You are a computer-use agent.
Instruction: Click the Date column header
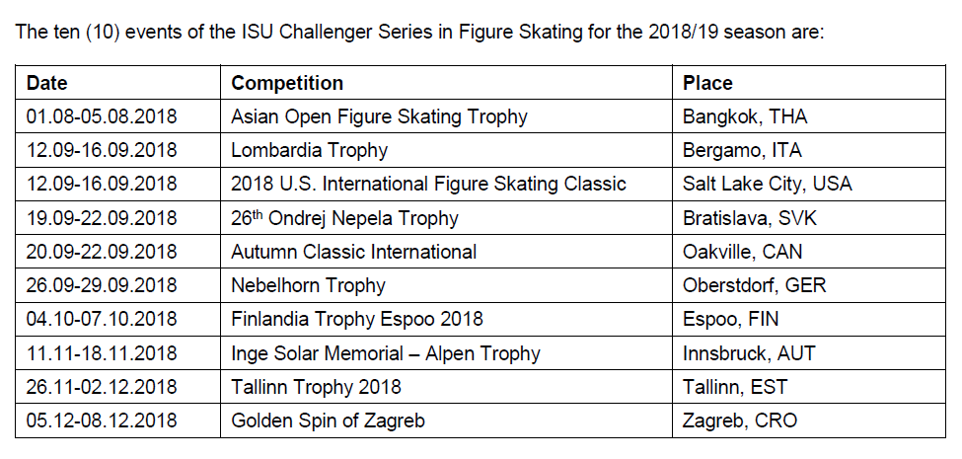coord(47,83)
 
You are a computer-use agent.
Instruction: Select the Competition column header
coord(287,83)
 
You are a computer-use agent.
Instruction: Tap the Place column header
coord(707,83)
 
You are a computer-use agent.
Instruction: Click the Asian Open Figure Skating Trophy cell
coord(379,116)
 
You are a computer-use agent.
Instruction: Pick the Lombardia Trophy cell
coord(309,150)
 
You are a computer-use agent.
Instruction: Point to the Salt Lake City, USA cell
coord(767,184)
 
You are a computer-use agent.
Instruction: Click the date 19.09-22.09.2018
coord(102,218)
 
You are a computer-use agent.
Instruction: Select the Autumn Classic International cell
coord(353,252)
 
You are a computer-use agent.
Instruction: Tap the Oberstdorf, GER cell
coord(754,285)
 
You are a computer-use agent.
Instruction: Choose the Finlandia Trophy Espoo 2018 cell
coord(357,319)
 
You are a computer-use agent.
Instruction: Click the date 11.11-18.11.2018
coord(102,353)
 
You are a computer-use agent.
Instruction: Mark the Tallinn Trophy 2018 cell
coord(316,387)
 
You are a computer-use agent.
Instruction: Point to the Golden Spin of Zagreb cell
coord(328,421)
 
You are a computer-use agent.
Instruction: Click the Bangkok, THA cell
coord(745,116)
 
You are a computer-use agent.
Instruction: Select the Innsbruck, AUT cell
coord(749,353)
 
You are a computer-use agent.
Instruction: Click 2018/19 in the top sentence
coord(683,32)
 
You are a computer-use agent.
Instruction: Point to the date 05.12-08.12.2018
coord(102,421)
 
